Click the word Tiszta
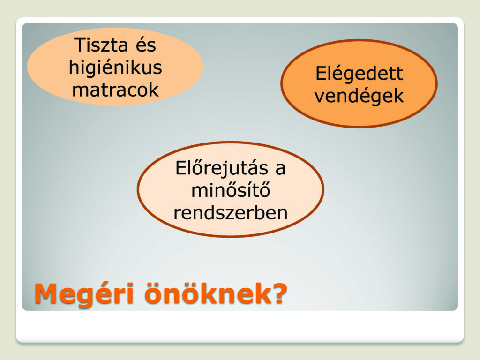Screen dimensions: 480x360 coord(101,45)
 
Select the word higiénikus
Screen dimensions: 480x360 coord(115,68)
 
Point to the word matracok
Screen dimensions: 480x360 coord(115,90)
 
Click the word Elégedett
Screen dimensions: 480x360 coord(360,74)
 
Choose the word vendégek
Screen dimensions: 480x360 coord(359,96)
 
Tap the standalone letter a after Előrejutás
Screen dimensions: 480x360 coord(280,170)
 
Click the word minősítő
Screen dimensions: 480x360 coord(231,190)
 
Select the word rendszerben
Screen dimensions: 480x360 coord(231,213)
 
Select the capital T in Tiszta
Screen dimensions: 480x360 coord(81,45)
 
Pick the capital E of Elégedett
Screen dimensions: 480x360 coord(322,74)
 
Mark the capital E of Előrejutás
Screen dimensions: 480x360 coord(181,168)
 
